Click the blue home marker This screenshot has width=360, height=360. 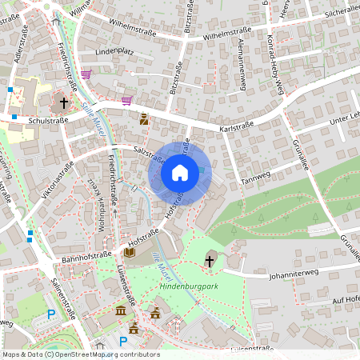tap(180, 172)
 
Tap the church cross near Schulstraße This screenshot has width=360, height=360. tap(64, 103)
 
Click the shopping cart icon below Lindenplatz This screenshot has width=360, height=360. tap(86, 74)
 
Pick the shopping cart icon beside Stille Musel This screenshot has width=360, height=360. tap(126, 101)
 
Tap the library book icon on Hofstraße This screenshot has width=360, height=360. tap(130, 253)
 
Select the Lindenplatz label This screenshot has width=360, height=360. tap(114, 51)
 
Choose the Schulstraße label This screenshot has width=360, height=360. tap(47, 121)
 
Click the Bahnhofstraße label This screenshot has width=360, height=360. tap(86, 258)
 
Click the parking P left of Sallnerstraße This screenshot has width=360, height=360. tap(52, 314)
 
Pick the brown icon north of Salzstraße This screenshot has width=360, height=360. tap(144, 120)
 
